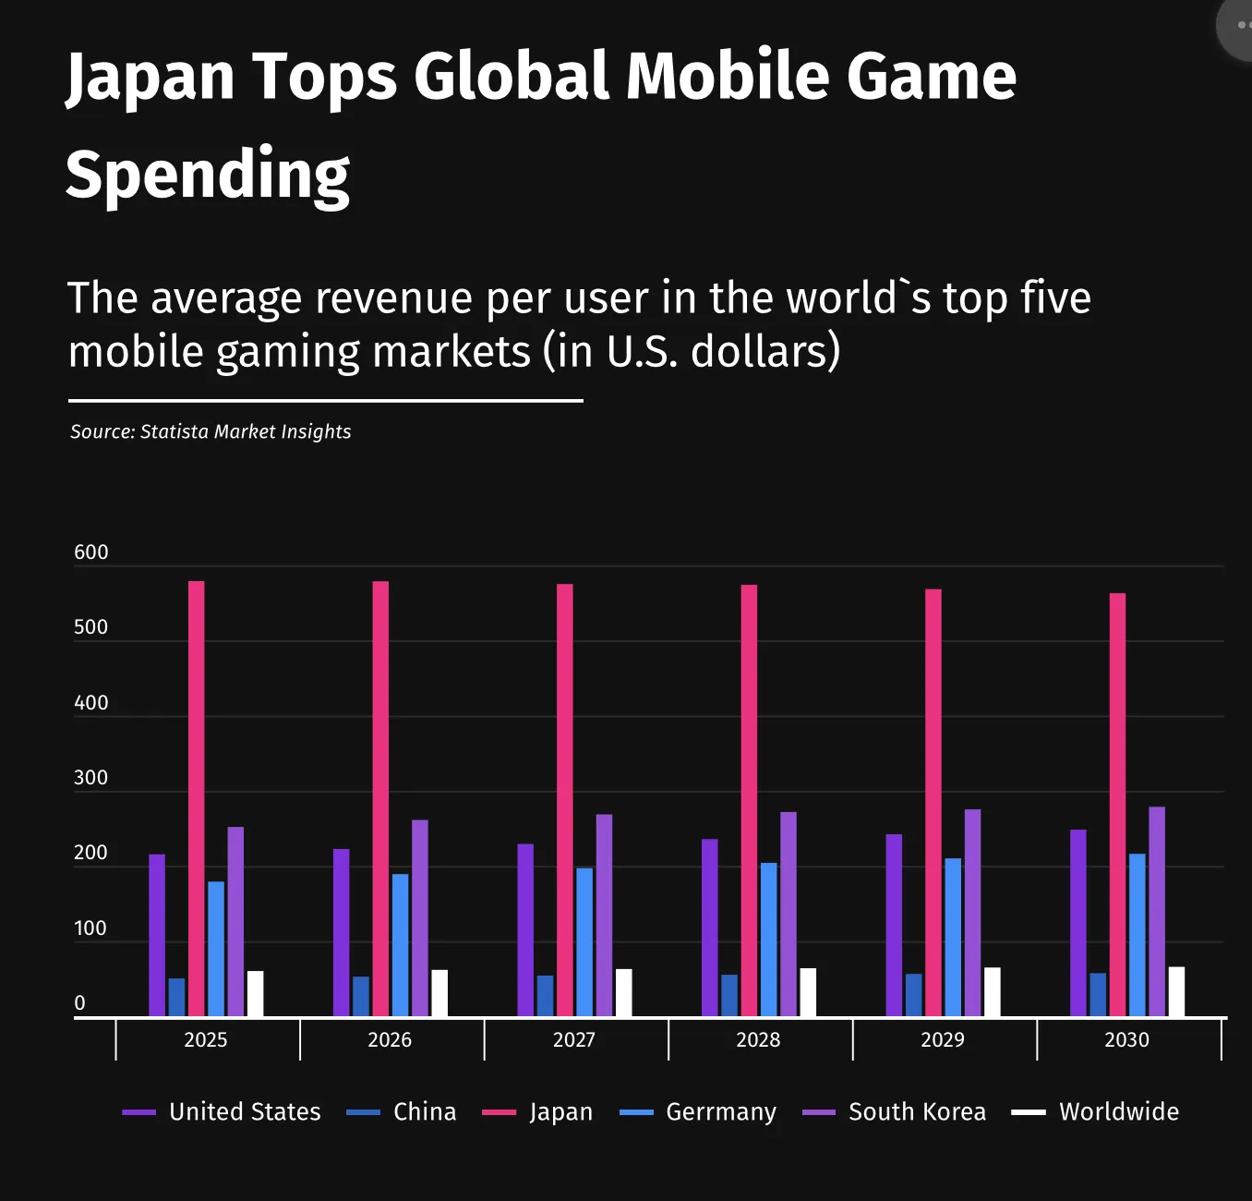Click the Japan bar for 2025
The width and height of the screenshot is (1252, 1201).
tap(197, 799)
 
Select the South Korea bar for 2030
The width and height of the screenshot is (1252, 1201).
tap(1157, 912)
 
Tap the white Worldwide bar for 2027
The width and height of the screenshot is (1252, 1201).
tap(624, 993)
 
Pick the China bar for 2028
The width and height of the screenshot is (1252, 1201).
tap(729, 996)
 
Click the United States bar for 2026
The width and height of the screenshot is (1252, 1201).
tap(342, 933)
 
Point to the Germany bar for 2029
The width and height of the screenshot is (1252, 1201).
tap(953, 938)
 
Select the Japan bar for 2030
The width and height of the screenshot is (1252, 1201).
tap(1117, 805)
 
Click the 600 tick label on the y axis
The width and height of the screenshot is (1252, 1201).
tap(90, 552)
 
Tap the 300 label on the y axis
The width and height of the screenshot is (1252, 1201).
tap(90, 778)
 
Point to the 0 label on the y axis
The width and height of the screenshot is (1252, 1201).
tap(79, 1003)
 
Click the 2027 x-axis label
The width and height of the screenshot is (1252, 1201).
tap(573, 1040)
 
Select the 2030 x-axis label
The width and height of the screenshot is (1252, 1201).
tap(1126, 1040)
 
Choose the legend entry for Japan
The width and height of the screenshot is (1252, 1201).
tap(560, 1112)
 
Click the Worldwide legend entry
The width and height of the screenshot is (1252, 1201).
tap(1118, 1112)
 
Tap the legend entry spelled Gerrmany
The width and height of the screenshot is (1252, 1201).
tap(720, 1112)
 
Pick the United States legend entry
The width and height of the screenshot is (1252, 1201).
tap(244, 1112)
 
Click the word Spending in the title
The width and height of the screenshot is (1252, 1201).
tap(208, 175)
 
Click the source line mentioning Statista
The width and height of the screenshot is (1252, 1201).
tap(211, 431)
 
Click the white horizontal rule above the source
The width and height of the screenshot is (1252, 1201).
tap(325, 401)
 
